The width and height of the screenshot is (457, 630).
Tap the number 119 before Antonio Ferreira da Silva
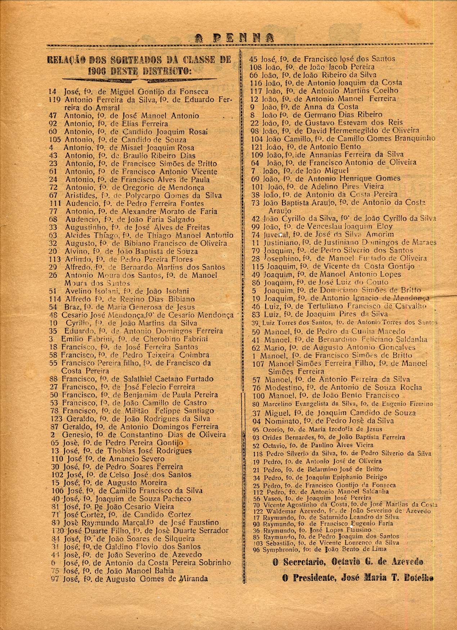pos(54,100)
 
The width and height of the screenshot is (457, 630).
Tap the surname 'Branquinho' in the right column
pos(415,138)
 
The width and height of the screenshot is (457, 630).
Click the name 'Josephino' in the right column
pos(278,258)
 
